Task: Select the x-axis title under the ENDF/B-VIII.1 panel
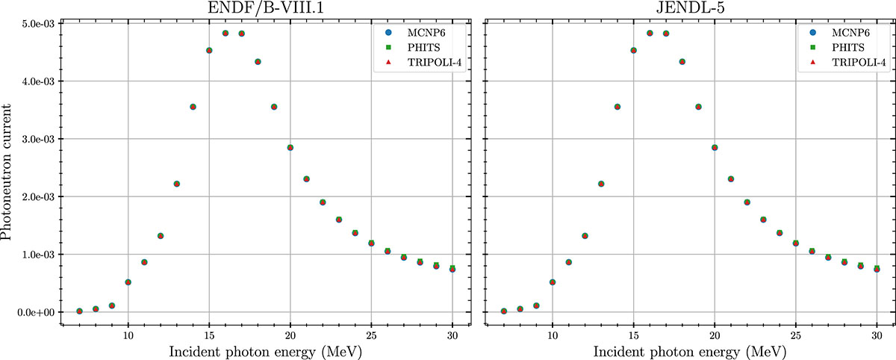266,349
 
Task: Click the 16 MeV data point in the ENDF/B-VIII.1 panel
225,34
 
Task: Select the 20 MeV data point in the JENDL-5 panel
715,148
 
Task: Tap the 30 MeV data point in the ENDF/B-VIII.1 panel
452,269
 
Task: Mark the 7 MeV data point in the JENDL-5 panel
504,311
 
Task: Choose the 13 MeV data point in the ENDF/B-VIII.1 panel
177,184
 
